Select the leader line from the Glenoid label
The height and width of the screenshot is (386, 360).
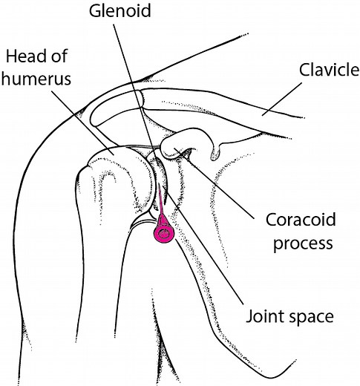click(137, 82)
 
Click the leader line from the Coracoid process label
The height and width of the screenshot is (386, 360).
click(223, 186)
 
